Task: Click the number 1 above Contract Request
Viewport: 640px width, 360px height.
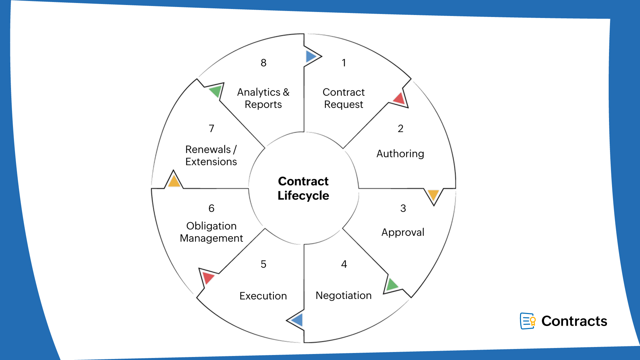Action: tap(344, 63)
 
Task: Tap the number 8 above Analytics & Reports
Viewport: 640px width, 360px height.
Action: tap(263, 63)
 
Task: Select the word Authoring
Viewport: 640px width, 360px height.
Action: tap(400, 154)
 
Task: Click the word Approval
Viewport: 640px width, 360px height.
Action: tap(403, 232)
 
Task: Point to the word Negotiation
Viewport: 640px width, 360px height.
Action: tap(343, 295)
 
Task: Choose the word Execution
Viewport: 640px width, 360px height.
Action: tap(263, 296)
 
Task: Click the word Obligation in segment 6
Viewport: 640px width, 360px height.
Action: tap(211, 226)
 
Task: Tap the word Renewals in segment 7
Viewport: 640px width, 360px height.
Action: tap(208, 149)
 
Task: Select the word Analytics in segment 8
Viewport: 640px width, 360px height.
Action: tap(259, 92)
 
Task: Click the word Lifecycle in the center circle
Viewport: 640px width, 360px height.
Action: tap(303, 196)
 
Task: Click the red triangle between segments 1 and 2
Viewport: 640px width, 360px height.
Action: tap(399, 99)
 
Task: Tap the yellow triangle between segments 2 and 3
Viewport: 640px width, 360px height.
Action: tap(433, 194)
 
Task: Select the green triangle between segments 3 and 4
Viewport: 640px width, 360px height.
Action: tap(391, 284)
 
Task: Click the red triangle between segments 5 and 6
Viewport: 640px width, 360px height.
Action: tap(208, 277)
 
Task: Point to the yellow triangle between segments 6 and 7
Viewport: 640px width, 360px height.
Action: tap(174, 181)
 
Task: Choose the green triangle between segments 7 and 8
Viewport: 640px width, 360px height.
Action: tap(216, 91)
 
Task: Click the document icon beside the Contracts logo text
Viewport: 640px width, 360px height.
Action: tap(528, 321)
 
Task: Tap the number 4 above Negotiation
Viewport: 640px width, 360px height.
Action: tap(344, 264)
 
